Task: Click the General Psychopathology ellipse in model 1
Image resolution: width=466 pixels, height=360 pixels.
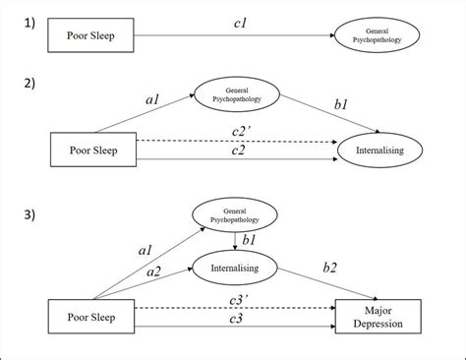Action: [x=379, y=35]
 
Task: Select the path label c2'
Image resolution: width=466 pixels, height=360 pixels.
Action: [x=236, y=130]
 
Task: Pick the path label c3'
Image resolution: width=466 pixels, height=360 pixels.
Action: [x=236, y=297]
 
